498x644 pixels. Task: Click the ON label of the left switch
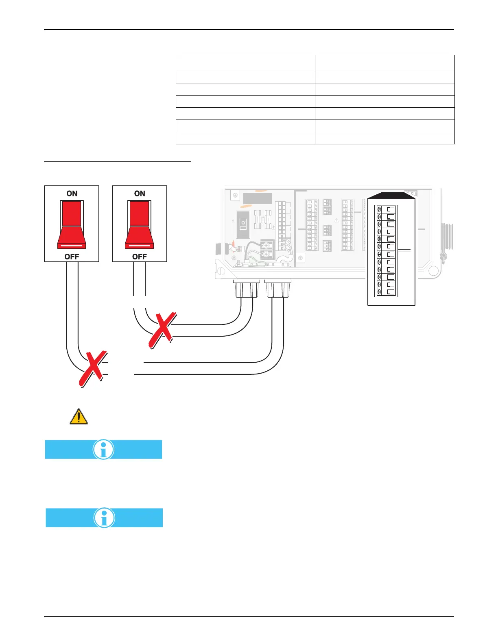click(72, 194)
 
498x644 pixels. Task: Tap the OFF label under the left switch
click(72, 257)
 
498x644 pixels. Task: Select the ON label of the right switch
click(140, 194)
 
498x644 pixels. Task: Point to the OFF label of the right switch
click(140, 257)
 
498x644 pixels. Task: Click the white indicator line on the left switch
click(72, 246)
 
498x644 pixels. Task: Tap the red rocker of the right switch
click(139, 224)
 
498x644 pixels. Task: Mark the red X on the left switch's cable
click(93, 368)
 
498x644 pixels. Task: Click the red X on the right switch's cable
click(162, 330)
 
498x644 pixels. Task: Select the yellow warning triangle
click(79, 417)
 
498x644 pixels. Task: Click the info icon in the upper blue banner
click(103, 449)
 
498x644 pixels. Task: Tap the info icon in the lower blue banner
click(104, 518)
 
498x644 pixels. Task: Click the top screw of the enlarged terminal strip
click(379, 209)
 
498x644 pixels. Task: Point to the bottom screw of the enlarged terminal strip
click(379, 292)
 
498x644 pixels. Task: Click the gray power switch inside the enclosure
click(243, 224)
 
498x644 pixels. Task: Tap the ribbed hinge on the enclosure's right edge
click(447, 236)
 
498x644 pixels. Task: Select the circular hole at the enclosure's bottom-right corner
click(434, 271)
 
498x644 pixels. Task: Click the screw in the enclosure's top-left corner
click(234, 196)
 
